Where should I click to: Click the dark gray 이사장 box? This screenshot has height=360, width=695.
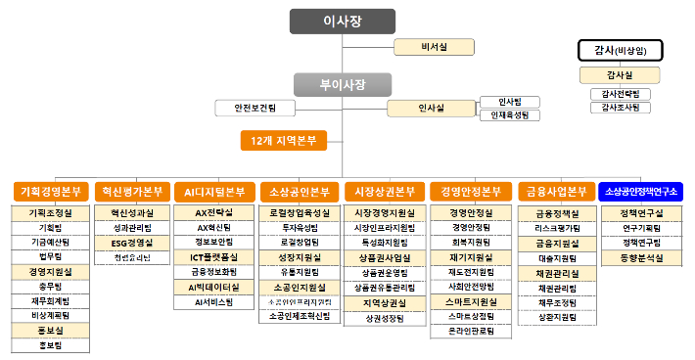[343, 22]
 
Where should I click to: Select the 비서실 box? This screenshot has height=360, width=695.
[433, 46]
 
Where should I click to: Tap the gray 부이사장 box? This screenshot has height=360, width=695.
[343, 84]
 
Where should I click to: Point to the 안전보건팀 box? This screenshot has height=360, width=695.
[255, 108]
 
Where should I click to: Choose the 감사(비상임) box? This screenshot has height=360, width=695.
[620, 50]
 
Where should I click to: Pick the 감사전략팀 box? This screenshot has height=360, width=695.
[619, 94]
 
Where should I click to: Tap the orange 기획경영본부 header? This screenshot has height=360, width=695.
[51, 191]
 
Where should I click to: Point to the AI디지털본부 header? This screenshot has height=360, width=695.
[213, 191]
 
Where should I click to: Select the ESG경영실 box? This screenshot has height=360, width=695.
[131, 242]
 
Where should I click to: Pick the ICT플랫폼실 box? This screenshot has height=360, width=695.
[213, 257]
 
